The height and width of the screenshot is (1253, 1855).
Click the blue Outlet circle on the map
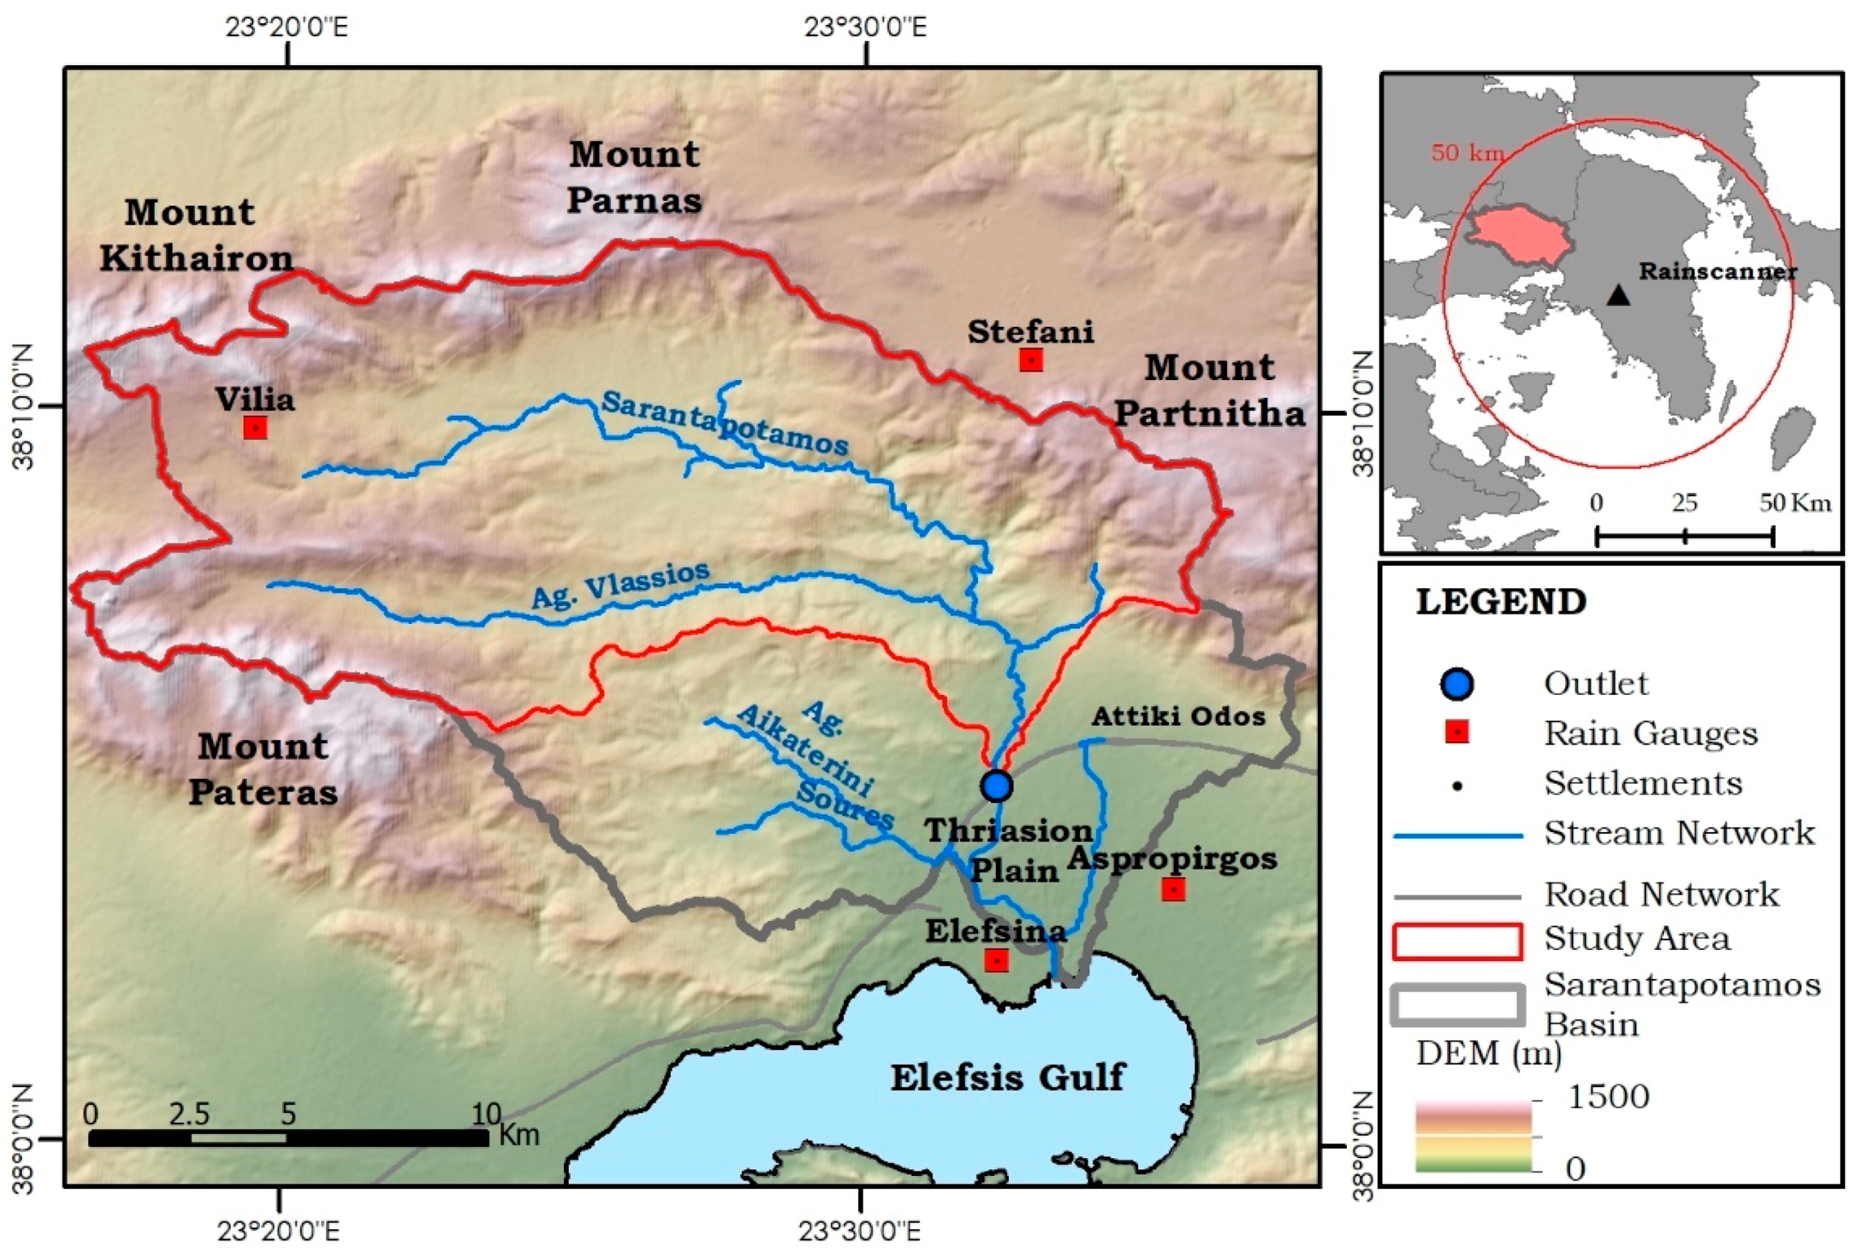(996, 786)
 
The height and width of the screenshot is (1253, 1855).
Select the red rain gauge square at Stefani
(1031, 360)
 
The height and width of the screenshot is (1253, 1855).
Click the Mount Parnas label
(634, 177)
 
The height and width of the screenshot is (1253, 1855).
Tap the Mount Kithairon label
(195, 235)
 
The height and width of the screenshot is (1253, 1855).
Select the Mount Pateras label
(263, 769)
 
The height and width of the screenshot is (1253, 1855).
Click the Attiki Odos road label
(1178, 716)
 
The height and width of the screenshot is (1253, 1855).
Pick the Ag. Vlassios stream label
(620, 584)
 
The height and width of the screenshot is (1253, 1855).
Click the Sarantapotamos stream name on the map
(724, 423)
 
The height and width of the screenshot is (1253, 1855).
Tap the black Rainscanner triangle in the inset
(1617, 296)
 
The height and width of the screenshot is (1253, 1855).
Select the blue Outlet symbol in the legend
(1457, 684)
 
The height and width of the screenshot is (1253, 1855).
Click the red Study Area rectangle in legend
(1457, 940)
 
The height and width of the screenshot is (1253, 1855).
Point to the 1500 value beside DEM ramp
(1609, 1097)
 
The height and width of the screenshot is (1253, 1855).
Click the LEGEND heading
(1500, 601)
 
